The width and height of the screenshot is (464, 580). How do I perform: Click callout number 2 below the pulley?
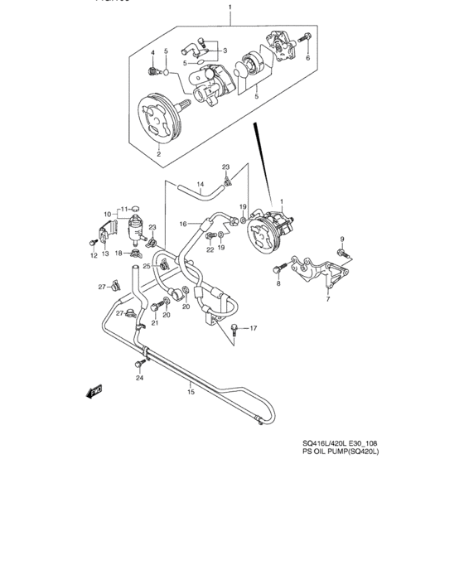tap(158, 154)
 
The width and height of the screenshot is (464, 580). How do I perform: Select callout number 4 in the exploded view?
tap(153, 52)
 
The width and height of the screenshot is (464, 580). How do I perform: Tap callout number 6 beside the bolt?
tap(307, 58)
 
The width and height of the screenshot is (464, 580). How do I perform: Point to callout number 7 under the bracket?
tap(327, 299)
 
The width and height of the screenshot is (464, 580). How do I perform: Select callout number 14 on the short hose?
tap(200, 185)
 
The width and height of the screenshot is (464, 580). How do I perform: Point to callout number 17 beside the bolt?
tap(254, 328)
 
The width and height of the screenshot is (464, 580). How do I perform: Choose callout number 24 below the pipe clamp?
tap(139, 378)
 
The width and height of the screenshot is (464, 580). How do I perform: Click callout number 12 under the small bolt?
tap(94, 256)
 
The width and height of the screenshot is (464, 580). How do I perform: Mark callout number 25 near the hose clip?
tap(146, 266)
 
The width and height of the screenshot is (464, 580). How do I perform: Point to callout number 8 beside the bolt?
tap(279, 283)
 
